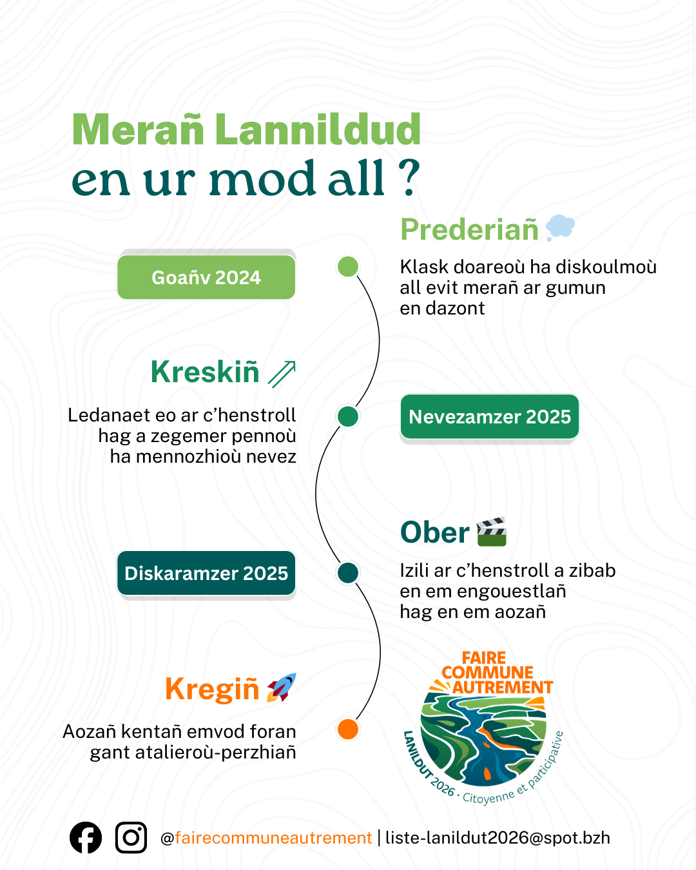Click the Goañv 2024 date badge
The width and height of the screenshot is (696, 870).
pyautogui.click(x=206, y=277)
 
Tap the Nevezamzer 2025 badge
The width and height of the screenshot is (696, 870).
pyautogui.click(x=490, y=417)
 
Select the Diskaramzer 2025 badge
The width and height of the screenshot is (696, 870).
pyautogui.click(x=206, y=573)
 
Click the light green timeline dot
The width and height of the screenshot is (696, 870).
pyautogui.click(x=348, y=266)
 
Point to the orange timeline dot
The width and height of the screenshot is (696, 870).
pyautogui.click(x=348, y=729)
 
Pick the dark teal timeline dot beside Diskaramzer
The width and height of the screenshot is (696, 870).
pyautogui.click(x=348, y=572)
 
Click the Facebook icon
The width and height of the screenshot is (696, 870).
pyautogui.click(x=86, y=838)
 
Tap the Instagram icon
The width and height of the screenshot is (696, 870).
pyautogui.click(x=131, y=838)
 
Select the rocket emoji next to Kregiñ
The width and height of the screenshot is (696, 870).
pyautogui.click(x=282, y=687)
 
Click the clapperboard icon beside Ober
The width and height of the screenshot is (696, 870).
pyautogui.click(x=492, y=532)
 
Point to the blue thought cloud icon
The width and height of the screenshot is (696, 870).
pyautogui.click(x=560, y=228)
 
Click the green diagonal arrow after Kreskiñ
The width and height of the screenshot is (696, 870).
pyautogui.click(x=282, y=374)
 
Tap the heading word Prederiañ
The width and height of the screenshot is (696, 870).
pyautogui.click(x=469, y=229)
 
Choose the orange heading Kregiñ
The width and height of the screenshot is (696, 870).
pyautogui.click(x=212, y=689)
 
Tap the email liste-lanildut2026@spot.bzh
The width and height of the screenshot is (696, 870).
pyautogui.click(x=498, y=838)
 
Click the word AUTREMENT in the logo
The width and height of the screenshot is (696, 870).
pyautogui.click(x=502, y=688)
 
